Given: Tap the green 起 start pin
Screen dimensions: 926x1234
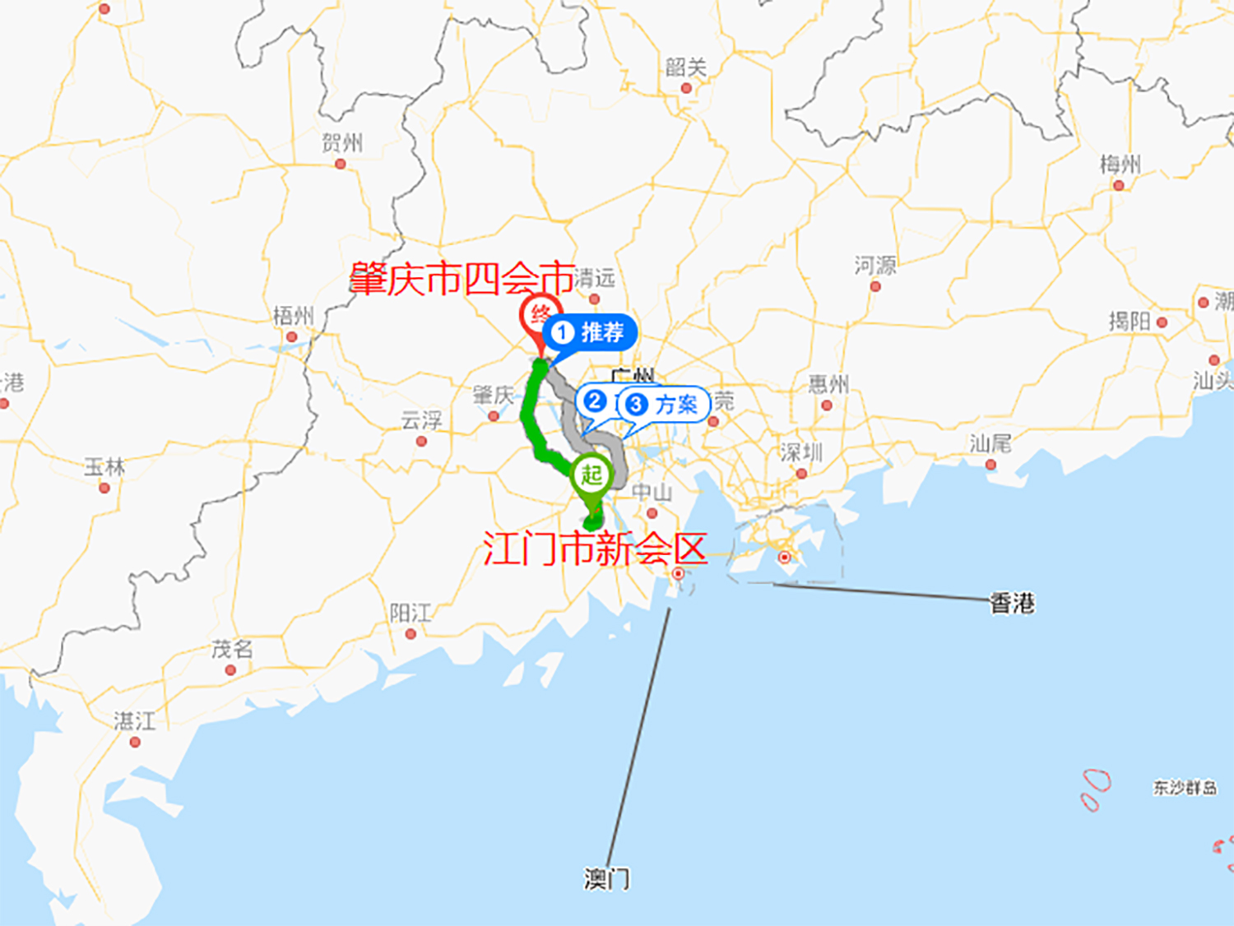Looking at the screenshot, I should tap(592, 475).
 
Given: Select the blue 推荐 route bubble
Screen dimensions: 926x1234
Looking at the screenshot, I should tap(590, 333).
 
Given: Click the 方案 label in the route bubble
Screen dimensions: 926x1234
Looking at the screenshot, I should tap(676, 405).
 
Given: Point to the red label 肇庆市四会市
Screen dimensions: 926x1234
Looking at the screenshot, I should tap(462, 279).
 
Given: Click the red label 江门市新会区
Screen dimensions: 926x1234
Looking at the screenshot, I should tap(595, 549).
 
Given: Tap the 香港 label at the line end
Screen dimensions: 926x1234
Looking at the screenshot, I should tap(1012, 604).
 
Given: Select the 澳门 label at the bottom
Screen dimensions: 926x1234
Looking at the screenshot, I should tap(607, 879).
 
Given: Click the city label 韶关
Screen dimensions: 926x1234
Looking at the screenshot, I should tap(686, 67).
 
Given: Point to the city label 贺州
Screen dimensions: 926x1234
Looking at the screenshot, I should tap(342, 143).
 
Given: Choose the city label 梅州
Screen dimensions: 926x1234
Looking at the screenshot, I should tap(1120, 164).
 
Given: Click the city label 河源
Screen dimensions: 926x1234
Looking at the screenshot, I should tap(875, 266).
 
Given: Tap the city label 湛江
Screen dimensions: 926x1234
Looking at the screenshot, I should tap(135, 721).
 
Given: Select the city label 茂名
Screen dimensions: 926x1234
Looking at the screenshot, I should tap(232, 650).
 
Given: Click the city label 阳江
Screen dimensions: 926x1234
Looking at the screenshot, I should tap(411, 613).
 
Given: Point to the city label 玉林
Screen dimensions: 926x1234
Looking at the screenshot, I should tap(104, 467).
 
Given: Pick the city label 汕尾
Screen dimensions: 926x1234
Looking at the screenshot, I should tap(990, 444).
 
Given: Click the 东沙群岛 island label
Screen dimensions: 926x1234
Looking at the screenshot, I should tap(1185, 788).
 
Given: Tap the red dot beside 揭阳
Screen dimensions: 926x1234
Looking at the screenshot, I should tap(1162, 322).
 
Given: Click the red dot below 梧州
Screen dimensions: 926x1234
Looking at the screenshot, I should tap(291, 337).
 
